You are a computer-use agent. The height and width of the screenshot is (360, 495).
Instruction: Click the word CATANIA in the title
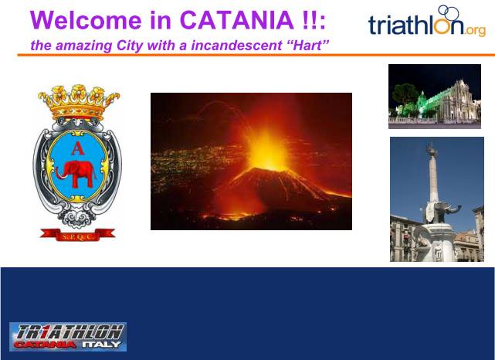click(x=237, y=20)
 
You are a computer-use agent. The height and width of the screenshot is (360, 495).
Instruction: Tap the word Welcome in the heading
click(x=86, y=20)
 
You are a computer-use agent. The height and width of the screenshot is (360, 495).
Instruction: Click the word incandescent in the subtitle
click(x=237, y=45)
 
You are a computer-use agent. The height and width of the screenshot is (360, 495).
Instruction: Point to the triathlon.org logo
click(x=427, y=21)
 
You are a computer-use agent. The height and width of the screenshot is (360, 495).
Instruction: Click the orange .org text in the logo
click(x=475, y=30)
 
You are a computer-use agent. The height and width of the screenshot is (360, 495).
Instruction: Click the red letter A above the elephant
click(x=78, y=148)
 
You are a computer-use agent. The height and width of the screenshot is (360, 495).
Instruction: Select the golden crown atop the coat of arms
click(x=79, y=102)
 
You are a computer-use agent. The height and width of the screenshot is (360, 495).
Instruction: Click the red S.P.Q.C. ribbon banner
click(x=78, y=235)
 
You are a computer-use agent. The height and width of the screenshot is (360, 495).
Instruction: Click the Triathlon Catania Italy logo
click(x=68, y=337)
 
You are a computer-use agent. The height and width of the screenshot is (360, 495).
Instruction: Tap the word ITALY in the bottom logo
click(x=101, y=345)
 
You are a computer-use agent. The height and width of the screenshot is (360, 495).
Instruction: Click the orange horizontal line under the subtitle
click(x=256, y=55)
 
